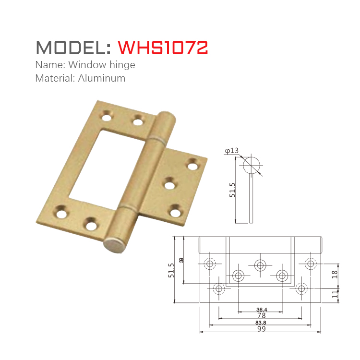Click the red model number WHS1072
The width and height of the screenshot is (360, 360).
[163, 47]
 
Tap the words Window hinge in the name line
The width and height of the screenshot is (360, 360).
[102, 64]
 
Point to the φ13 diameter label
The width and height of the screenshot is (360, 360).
[232, 151]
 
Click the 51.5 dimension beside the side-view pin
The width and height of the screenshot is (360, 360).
[233, 190]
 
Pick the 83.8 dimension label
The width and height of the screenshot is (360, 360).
[261, 323]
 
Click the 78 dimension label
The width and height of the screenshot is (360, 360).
[261, 315]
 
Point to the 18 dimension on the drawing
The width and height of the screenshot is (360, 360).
[335, 274]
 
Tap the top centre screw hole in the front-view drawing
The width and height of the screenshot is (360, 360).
[261, 264]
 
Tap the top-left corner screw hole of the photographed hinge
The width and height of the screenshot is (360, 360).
[106, 116]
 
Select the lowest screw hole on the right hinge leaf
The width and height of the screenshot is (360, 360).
[176, 210]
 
